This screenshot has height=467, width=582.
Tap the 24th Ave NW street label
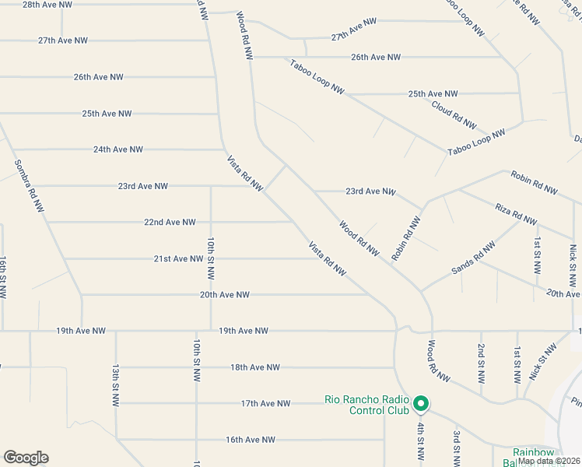coord(118,149)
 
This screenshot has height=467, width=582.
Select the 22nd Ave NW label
coord(170,223)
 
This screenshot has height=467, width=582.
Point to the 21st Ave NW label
coord(178,259)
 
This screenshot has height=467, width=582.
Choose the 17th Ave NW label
coord(265,403)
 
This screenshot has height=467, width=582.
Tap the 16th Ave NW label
coord(251,440)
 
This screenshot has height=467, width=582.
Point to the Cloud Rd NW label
coord(453,114)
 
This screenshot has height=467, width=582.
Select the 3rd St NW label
coord(457,448)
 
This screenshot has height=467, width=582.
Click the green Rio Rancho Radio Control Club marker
coord(421,403)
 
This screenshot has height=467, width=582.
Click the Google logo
coord(26,458)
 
